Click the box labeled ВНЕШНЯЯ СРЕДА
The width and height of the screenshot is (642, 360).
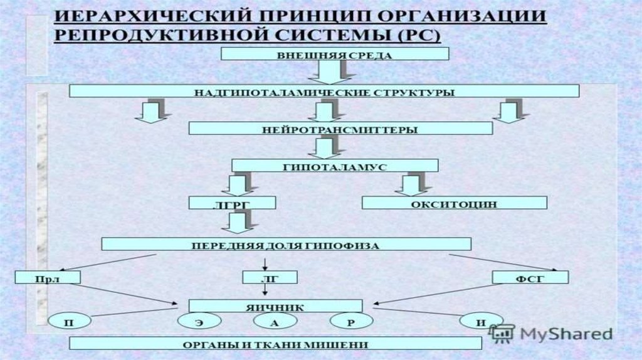335,55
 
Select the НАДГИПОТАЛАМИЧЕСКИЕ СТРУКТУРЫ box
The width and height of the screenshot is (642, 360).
324,92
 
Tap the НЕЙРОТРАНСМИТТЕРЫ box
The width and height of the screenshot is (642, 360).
340,129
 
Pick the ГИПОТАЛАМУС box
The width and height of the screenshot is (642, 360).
335,165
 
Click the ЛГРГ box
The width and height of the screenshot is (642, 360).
233,203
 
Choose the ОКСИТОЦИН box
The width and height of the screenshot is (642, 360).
455,203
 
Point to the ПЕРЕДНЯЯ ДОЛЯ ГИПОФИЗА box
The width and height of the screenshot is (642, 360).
286,244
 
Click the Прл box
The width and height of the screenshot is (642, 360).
49,277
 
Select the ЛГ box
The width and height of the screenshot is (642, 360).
269,277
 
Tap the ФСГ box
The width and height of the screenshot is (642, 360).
530,277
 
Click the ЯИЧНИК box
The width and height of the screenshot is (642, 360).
276,306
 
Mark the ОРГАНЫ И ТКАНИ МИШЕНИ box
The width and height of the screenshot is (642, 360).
275,344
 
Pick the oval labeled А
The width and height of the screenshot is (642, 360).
275,322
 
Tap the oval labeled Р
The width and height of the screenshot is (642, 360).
352,322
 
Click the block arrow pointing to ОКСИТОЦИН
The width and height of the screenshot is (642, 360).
412,184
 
